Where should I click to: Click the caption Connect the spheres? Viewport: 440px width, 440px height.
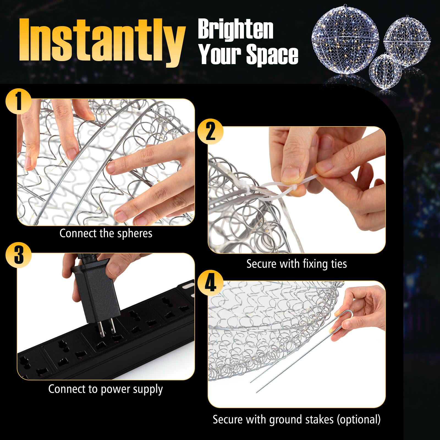pos(106,233)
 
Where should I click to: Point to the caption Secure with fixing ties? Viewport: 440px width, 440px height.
pos(296,264)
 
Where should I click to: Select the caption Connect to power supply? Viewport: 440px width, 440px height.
pos(106,389)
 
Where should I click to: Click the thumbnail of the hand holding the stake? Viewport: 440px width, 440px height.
pos(296,344)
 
